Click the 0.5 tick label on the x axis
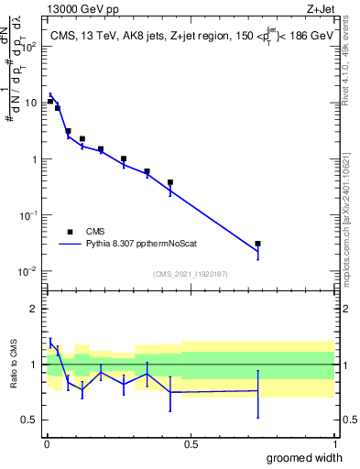point(190,444)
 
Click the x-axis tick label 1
point(333,444)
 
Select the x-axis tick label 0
point(46,444)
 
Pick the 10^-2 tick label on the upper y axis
point(28,271)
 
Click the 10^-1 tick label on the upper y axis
point(28,215)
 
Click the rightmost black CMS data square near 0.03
point(257,244)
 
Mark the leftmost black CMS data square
point(50,101)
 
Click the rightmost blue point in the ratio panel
point(257,392)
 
